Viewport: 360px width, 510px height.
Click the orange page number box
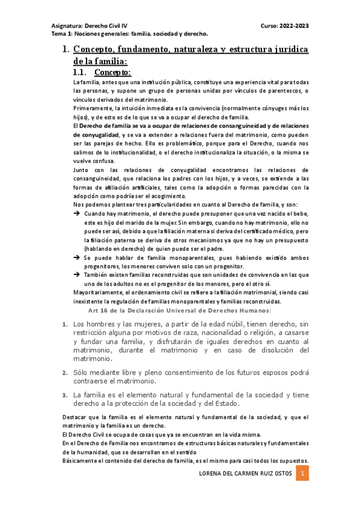coord(304,474)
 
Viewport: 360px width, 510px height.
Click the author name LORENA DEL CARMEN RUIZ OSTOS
coord(245,474)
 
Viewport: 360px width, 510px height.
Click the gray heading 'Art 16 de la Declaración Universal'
coord(179,310)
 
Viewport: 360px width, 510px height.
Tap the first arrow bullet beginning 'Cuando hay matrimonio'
coord(78,214)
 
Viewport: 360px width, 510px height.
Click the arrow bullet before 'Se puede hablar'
coord(78,257)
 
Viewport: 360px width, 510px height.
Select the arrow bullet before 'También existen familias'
coord(78,274)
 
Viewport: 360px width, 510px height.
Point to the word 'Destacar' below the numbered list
coord(76,417)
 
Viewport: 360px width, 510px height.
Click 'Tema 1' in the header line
coord(61,34)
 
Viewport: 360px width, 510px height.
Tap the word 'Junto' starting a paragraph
coord(81,170)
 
